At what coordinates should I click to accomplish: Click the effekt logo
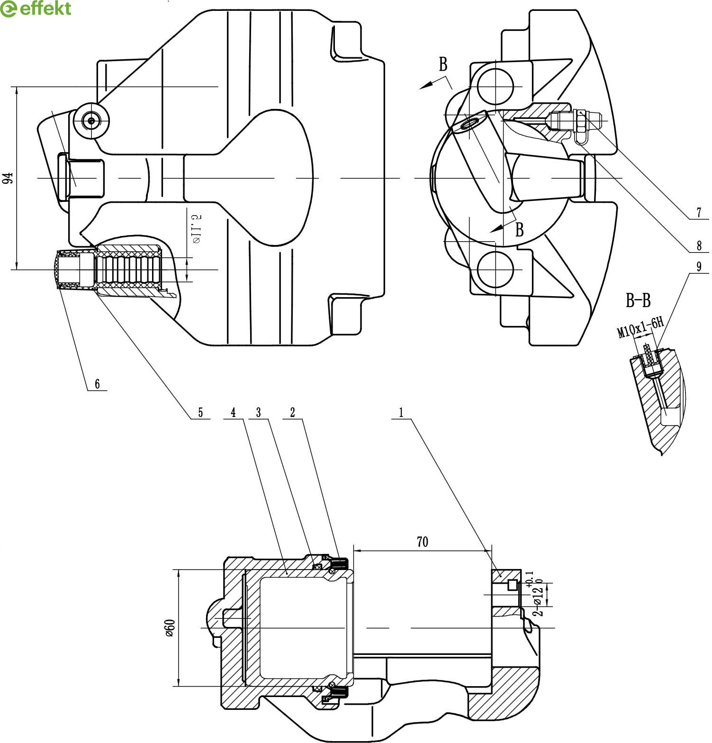tap(36, 9)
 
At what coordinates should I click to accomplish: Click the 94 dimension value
tap(8, 178)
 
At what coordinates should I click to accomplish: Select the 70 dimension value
tap(422, 541)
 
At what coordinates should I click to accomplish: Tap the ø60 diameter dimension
tap(170, 627)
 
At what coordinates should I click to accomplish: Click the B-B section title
tap(638, 300)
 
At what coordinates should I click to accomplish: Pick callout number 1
tap(401, 412)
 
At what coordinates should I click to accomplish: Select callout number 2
tap(292, 412)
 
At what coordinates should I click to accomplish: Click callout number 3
tap(258, 412)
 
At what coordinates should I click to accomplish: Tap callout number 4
tap(233, 412)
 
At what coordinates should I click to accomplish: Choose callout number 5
tap(200, 412)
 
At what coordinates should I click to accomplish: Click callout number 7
tap(699, 212)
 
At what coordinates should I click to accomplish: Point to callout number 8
tap(699, 245)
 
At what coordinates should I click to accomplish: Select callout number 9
tap(699, 266)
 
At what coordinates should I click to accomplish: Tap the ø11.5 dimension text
tap(197, 229)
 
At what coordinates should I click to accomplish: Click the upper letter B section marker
tap(443, 64)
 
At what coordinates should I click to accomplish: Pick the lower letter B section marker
tap(520, 230)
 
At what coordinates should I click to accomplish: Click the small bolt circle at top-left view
tap(91, 120)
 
